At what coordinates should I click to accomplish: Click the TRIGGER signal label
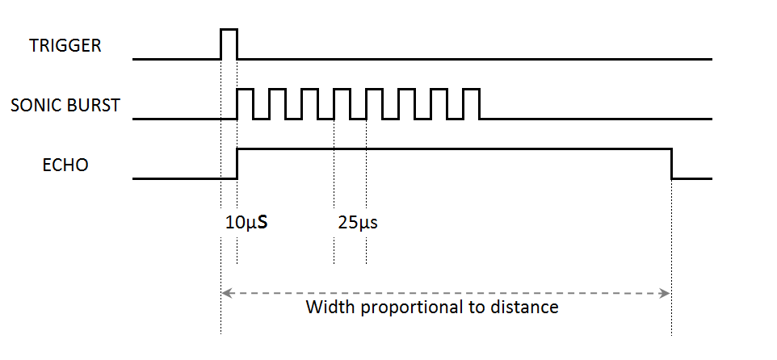pyautogui.click(x=65, y=45)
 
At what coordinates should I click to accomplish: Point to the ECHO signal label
pyautogui.click(x=65, y=165)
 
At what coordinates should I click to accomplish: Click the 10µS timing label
pyautogui.click(x=246, y=223)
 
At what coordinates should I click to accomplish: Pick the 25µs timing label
pyautogui.click(x=358, y=223)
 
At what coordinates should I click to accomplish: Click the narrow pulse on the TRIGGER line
pyautogui.click(x=229, y=30)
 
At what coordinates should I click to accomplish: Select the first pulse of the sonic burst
pyautogui.click(x=246, y=89)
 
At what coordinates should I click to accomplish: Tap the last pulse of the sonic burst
pyautogui.click(x=471, y=89)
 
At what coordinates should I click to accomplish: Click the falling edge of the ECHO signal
pyautogui.click(x=671, y=163)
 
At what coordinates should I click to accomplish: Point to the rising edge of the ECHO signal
pyautogui.click(x=237, y=163)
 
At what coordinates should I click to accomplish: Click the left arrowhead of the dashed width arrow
pyautogui.click(x=225, y=294)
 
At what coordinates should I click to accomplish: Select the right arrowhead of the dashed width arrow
pyautogui.click(x=665, y=294)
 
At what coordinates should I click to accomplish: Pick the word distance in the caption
pyautogui.click(x=524, y=307)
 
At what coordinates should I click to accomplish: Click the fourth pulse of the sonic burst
pyautogui.click(x=342, y=89)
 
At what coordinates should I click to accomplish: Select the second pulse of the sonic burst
pyautogui.click(x=278, y=89)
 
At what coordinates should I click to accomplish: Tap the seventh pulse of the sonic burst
pyautogui.click(x=439, y=89)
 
